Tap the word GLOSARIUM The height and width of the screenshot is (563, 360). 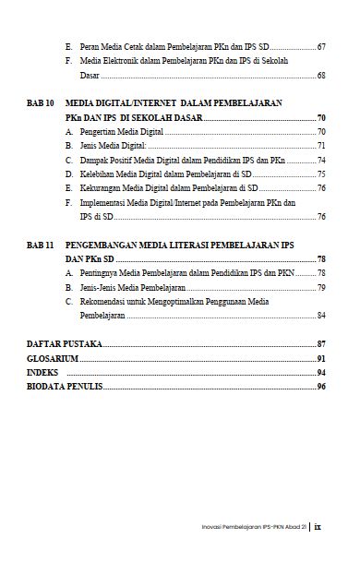[x=54, y=358]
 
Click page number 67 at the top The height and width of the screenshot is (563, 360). [x=320, y=45]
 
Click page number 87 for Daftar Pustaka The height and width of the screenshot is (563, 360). [x=320, y=343]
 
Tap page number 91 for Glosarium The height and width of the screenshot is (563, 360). [x=320, y=358]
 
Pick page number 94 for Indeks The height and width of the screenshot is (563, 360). [x=320, y=372]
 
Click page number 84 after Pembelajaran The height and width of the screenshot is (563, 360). [x=320, y=315]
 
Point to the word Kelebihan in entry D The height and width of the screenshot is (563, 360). [x=96, y=174]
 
